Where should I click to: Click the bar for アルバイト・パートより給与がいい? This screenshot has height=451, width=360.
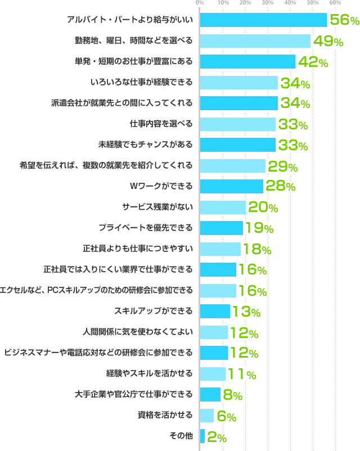click(263, 20)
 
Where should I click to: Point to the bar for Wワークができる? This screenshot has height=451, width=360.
click(231, 186)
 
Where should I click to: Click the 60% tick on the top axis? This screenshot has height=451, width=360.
click(335, 4)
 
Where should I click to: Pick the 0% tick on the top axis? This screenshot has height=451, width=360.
click(200, 4)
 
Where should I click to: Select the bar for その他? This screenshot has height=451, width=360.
click(202, 436)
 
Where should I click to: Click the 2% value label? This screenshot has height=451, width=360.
click(217, 436)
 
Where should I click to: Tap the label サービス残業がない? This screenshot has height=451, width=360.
click(157, 207)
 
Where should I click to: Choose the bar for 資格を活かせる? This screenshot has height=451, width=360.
click(206, 415)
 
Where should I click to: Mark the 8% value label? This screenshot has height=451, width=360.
click(232, 395)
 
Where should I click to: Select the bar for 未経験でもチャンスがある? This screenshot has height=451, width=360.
click(237, 145)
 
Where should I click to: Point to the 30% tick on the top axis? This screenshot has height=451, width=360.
click(268, 4)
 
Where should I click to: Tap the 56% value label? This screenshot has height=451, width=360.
click(344, 20)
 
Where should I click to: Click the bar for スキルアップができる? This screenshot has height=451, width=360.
click(214, 311)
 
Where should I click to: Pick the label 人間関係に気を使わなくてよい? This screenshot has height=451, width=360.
click(146, 332)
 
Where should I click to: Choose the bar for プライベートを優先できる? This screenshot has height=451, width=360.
click(221, 228)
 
